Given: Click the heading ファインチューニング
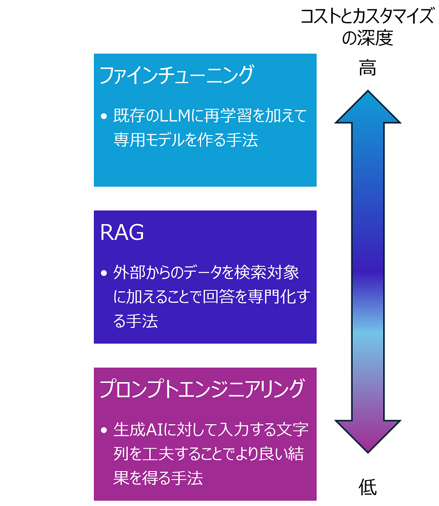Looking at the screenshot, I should (x=176, y=75).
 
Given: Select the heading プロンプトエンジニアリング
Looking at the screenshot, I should (x=202, y=389).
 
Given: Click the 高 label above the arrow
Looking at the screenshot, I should (x=367, y=69).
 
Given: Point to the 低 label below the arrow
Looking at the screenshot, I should (x=367, y=487).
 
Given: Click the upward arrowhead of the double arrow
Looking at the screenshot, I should (x=367, y=107).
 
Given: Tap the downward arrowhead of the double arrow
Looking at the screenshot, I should (x=367, y=436).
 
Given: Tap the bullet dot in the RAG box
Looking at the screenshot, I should (x=104, y=273).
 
